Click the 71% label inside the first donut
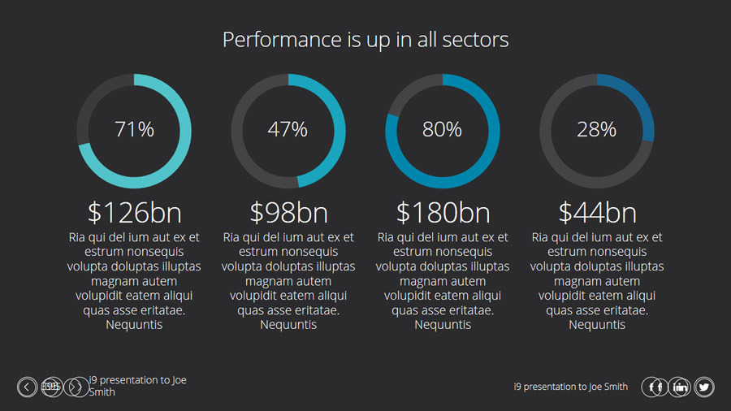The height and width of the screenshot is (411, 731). coord(134,129)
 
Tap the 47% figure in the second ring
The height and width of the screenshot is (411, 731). coord(288,129)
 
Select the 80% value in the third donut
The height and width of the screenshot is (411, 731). coord(443,129)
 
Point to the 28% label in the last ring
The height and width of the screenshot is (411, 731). coord(597,129)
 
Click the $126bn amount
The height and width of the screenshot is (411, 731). coord(134,213)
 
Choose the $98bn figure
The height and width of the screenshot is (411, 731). coord(288,213)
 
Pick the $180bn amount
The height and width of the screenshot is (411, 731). coord(443,213)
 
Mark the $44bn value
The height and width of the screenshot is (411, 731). coord(597,213)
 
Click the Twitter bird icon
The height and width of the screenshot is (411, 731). coord(704,387)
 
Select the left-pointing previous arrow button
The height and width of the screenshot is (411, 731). coord(27,387)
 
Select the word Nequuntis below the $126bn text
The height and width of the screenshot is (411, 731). coord(134,325)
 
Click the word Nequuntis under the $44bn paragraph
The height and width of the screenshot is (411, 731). coord(597,325)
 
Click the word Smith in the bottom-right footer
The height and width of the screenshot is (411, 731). coord(615,387)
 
